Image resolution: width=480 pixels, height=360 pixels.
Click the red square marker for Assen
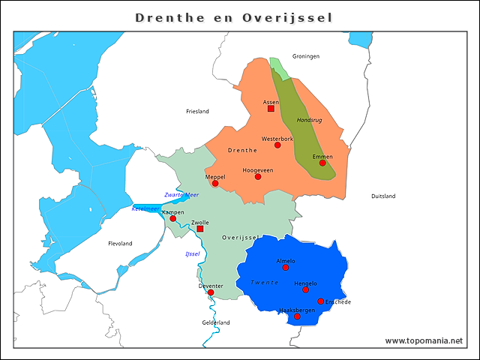[x=271, y=108]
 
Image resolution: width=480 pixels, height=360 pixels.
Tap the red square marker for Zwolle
[x=199, y=229]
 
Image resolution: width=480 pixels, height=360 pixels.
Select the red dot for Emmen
[x=322, y=163]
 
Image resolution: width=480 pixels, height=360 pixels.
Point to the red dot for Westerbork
[x=277, y=145]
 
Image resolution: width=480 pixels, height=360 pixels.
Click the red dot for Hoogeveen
[x=258, y=176]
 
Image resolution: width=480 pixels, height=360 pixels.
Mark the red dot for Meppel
[x=215, y=183]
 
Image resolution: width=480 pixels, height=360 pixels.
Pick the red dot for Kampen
[x=172, y=218]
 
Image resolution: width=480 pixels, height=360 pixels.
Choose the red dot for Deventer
[x=211, y=292]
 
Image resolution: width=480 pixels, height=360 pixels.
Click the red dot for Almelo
[x=286, y=267]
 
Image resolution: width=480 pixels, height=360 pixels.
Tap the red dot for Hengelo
[x=305, y=289]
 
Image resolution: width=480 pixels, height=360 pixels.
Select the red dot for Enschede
[x=321, y=301]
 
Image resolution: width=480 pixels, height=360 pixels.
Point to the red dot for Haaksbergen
[x=297, y=316]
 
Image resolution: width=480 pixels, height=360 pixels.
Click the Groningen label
[x=306, y=56]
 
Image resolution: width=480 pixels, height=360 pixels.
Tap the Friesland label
[x=197, y=111]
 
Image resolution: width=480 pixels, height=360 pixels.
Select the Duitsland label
[x=383, y=196]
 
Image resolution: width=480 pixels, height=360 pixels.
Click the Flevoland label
[x=120, y=244]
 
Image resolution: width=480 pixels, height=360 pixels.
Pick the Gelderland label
[x=216, y=322]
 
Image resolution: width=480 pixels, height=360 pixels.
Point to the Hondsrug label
[x=310, y=120]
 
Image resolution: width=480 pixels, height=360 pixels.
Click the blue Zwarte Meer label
[x=181, y=195]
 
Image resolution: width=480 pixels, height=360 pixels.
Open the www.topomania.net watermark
[x=424, y=340]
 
